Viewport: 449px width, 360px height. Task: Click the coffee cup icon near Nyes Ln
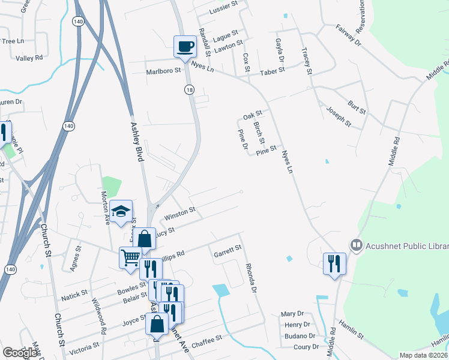185,46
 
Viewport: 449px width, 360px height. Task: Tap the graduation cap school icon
121,211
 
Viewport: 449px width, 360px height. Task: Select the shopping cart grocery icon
130,258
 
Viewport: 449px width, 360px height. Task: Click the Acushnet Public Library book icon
356,245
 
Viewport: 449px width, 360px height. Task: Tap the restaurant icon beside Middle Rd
334,263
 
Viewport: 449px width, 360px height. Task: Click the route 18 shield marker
189,89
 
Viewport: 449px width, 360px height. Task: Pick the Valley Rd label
29,58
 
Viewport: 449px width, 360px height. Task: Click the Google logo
20,353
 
